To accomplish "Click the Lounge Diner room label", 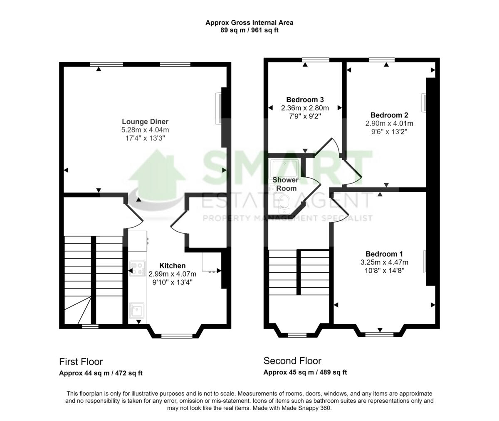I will point(145,122).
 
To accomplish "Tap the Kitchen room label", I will point(172,266).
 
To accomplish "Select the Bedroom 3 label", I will point(305,100).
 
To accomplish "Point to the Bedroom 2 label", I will point(389,115).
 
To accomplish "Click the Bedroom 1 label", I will point(384,254).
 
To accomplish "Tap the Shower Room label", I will point(286,184).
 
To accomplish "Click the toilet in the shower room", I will point(285,202).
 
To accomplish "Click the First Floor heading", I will point(81,362).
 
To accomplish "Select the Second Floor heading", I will point(292,361).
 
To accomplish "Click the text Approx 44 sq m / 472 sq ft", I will point(101,373).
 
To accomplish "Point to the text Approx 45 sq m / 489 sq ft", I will point(305,372).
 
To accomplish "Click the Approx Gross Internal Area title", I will point(249,23).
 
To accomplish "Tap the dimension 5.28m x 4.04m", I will point(145,130).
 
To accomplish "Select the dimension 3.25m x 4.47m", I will point(384,262).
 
